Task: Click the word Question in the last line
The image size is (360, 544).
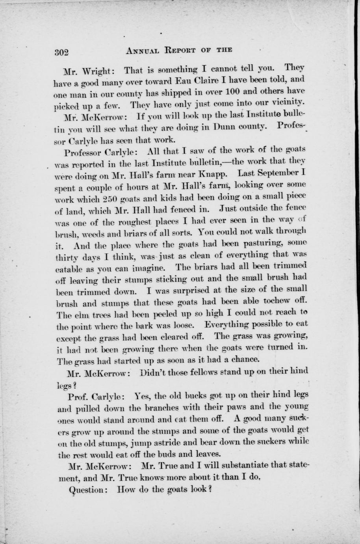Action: point(86,490)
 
